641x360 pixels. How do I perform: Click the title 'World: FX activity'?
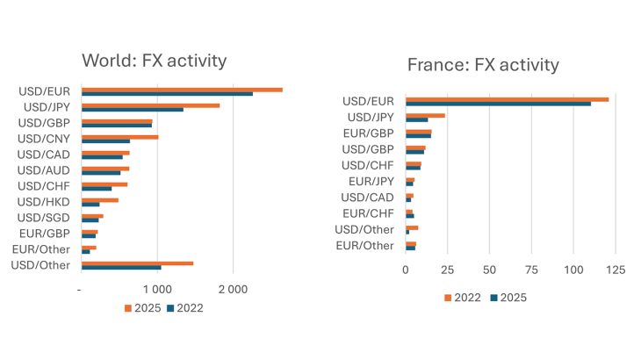(x=154, y=61)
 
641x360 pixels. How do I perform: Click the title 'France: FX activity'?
(x=482, y=65)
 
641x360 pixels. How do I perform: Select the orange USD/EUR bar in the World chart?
(x=181, y=90)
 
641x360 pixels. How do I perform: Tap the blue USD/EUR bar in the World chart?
(x=166, y=94)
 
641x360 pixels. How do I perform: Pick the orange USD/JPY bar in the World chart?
(x=149, y=105)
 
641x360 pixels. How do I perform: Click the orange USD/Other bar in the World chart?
(x=136, y=263)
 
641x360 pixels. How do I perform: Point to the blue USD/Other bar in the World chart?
(x=120, y=267)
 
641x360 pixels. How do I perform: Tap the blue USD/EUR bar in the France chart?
(x=498, y=104)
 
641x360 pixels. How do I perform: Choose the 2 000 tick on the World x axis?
(x=233, y=289)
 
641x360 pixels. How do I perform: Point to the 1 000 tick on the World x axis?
(x=156, y=289)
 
